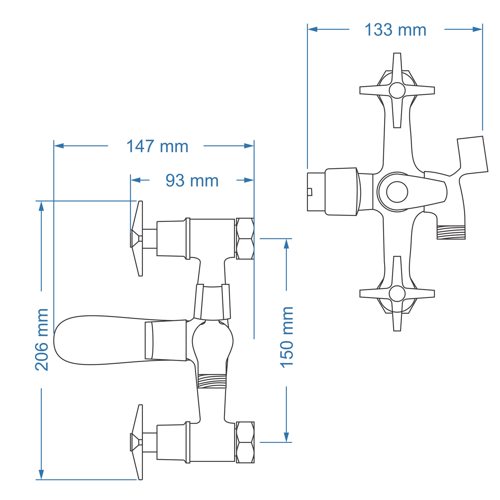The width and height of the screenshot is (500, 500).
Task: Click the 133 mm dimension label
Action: point(396,30)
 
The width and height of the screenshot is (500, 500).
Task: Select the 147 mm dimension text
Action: point(157,146)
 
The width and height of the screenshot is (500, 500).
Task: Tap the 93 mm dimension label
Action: point(192,181)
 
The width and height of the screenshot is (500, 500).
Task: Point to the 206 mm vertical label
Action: point(42,339)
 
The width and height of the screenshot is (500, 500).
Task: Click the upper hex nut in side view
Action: point(245,238)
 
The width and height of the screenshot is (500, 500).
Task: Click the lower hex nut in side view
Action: point(245,442)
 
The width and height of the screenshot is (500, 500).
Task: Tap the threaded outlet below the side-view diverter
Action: point(212,381)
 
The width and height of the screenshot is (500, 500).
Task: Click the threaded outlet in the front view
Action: point(451,232)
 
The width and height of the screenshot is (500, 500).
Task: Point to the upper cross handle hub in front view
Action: point(397,90)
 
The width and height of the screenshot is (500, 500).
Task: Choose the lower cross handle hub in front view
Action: point(397,293)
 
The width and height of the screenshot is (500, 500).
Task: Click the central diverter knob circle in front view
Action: point(397,192)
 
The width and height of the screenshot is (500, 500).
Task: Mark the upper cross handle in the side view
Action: point(137,238)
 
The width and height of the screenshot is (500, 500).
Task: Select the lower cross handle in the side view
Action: point(137,442)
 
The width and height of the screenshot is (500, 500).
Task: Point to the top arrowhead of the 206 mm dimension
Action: point(42,206)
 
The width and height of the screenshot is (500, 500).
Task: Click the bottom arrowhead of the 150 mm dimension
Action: point(286,437)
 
